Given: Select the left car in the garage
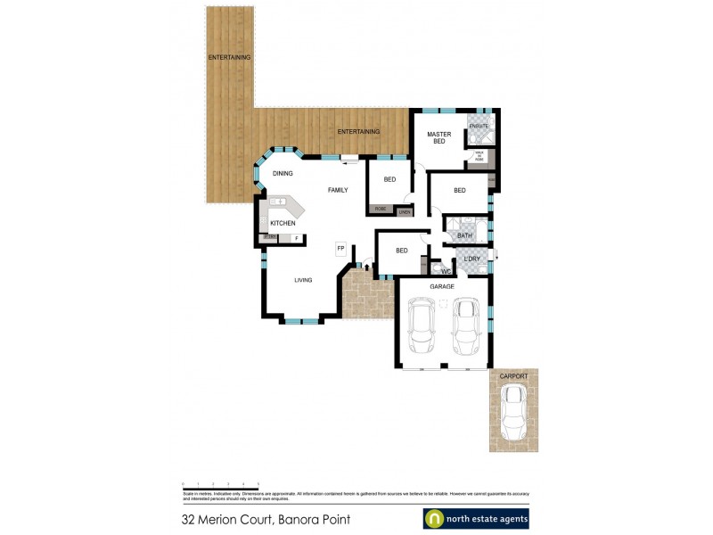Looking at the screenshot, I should click(x=421, y=327).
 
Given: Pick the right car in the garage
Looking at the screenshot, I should click(x=466, y=327).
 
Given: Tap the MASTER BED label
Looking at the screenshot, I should click(x=439, y=138).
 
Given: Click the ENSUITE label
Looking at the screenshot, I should click(x=479, y=127).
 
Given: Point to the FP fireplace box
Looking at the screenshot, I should click(x=340, y=249).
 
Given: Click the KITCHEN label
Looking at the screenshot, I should click(x=283, y=223).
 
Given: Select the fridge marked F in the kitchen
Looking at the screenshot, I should click(x=296, y=239).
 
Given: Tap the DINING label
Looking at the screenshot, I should click(x=283, y=173).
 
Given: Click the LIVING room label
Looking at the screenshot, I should click(x=303, y=280).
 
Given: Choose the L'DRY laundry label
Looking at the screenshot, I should click(x=472, y=259).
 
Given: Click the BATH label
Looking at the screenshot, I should click(x=464, y=235).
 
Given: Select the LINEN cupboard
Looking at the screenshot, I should click(x=405, y=211).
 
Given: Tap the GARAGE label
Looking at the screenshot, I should click(x=442, y=286).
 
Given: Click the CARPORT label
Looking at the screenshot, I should click(x=513, y=376).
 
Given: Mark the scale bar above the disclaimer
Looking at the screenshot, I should click(x=220, y=483).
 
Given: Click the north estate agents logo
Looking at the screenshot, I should click(x=475, y=519).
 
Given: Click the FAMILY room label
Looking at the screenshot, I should click(x=338, y=190).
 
